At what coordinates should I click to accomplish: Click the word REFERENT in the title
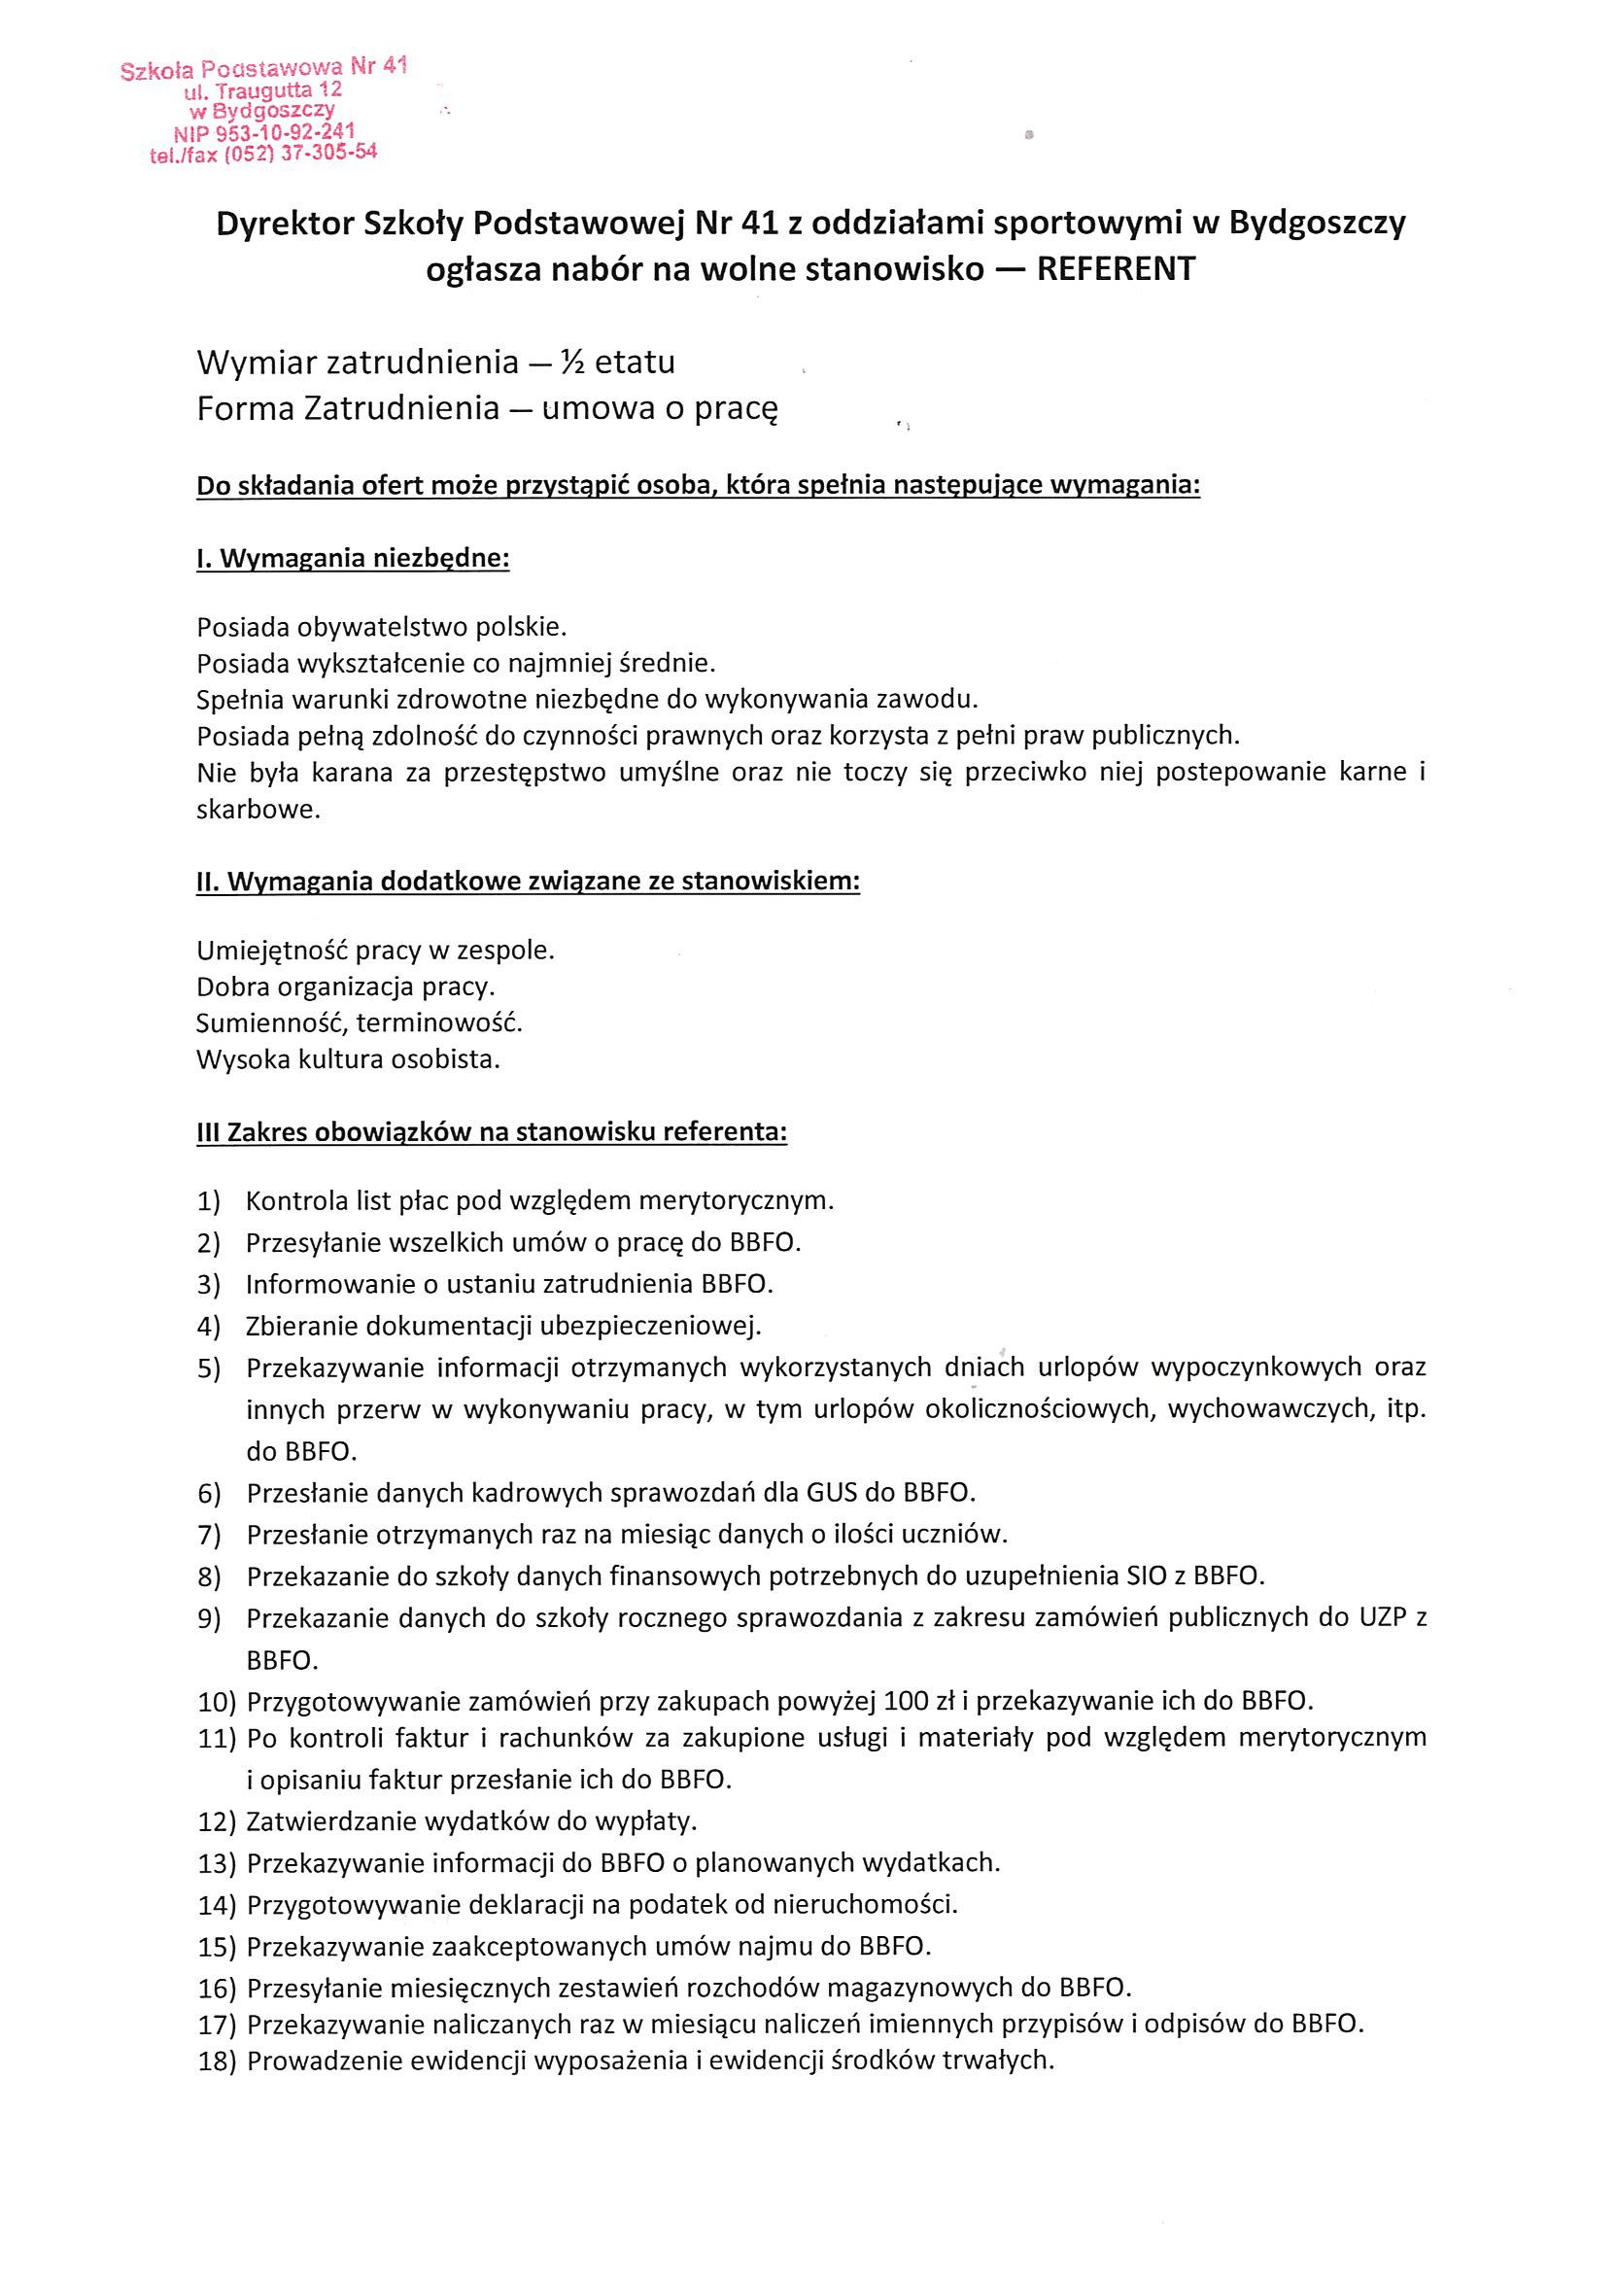pos(1116,270)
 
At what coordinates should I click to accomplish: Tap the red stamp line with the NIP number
pos(265,132)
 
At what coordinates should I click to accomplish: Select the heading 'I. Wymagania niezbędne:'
pos(353,559)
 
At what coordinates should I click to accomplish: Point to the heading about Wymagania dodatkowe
pos(528,883)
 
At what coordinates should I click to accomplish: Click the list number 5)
pos(208,1369)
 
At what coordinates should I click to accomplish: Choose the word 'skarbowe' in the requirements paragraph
pos(258,810)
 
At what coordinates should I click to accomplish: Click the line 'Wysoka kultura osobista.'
pos(348,1059)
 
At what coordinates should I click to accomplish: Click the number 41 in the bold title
pos(759,224)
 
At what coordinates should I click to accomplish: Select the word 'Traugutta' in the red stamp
pos(259,90)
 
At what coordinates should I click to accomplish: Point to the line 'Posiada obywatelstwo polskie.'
pos(381,627)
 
